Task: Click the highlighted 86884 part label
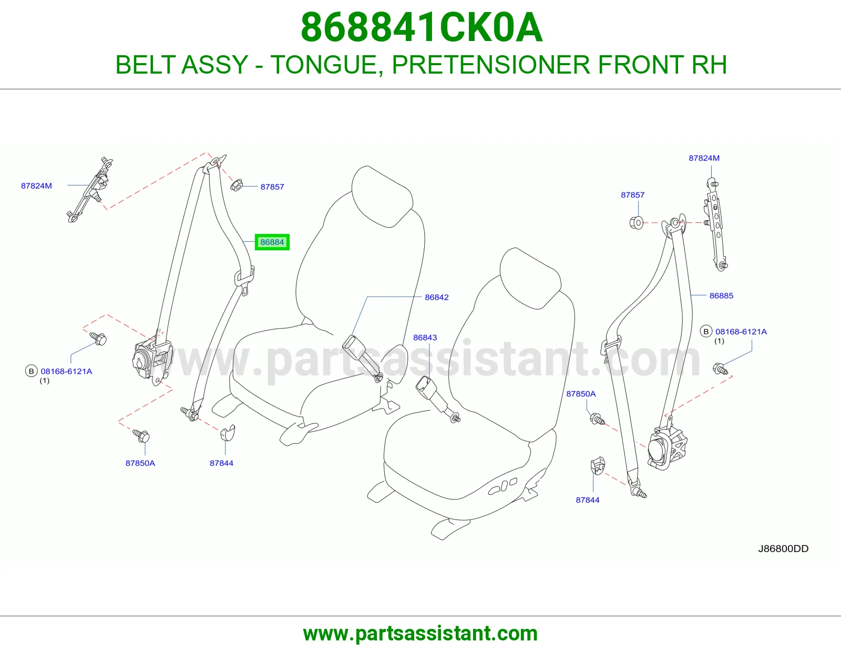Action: [x=272, y=242]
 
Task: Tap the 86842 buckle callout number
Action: [x=437, y=298]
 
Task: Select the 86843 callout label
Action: [x=425, y=338]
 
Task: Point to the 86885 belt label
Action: [x=721, y=296]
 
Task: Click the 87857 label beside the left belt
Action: [x=272, y=187]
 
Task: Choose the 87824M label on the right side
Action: [x=704, y=158]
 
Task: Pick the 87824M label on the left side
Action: [x=36, y=186]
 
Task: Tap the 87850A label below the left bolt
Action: [x=140, y=463]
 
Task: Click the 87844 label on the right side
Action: [x=588, y=500]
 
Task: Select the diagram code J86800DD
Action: [x=783, y=548]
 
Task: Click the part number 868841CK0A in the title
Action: [x=422, y=27]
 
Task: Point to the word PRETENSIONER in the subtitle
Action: [x=491, y=65]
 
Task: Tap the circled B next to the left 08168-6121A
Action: [x=32, y=371]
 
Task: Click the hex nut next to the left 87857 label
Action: [x=237, y=185]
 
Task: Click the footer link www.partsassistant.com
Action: [x=420, y=633]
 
